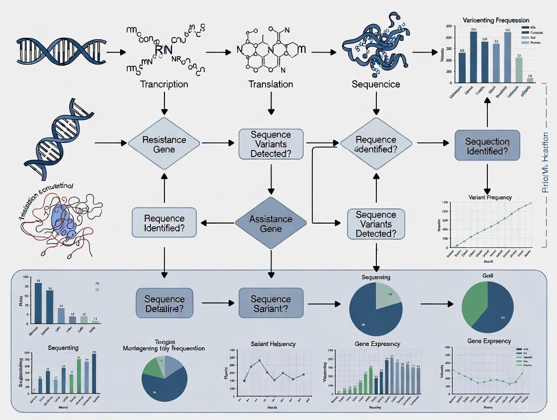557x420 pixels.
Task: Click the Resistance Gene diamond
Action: pos(164,144)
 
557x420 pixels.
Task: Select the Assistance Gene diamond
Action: pos(271,223)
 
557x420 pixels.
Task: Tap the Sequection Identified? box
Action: pos(487,146)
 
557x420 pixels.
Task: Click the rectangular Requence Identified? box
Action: pos(164,223)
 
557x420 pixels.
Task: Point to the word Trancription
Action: pos(164,84)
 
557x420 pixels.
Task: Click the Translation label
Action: pos(271,84)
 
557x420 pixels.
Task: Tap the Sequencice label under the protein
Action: pos(376,84)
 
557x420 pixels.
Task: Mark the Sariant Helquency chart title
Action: pos(273,344)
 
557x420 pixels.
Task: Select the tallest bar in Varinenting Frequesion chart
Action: pos(473,57)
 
